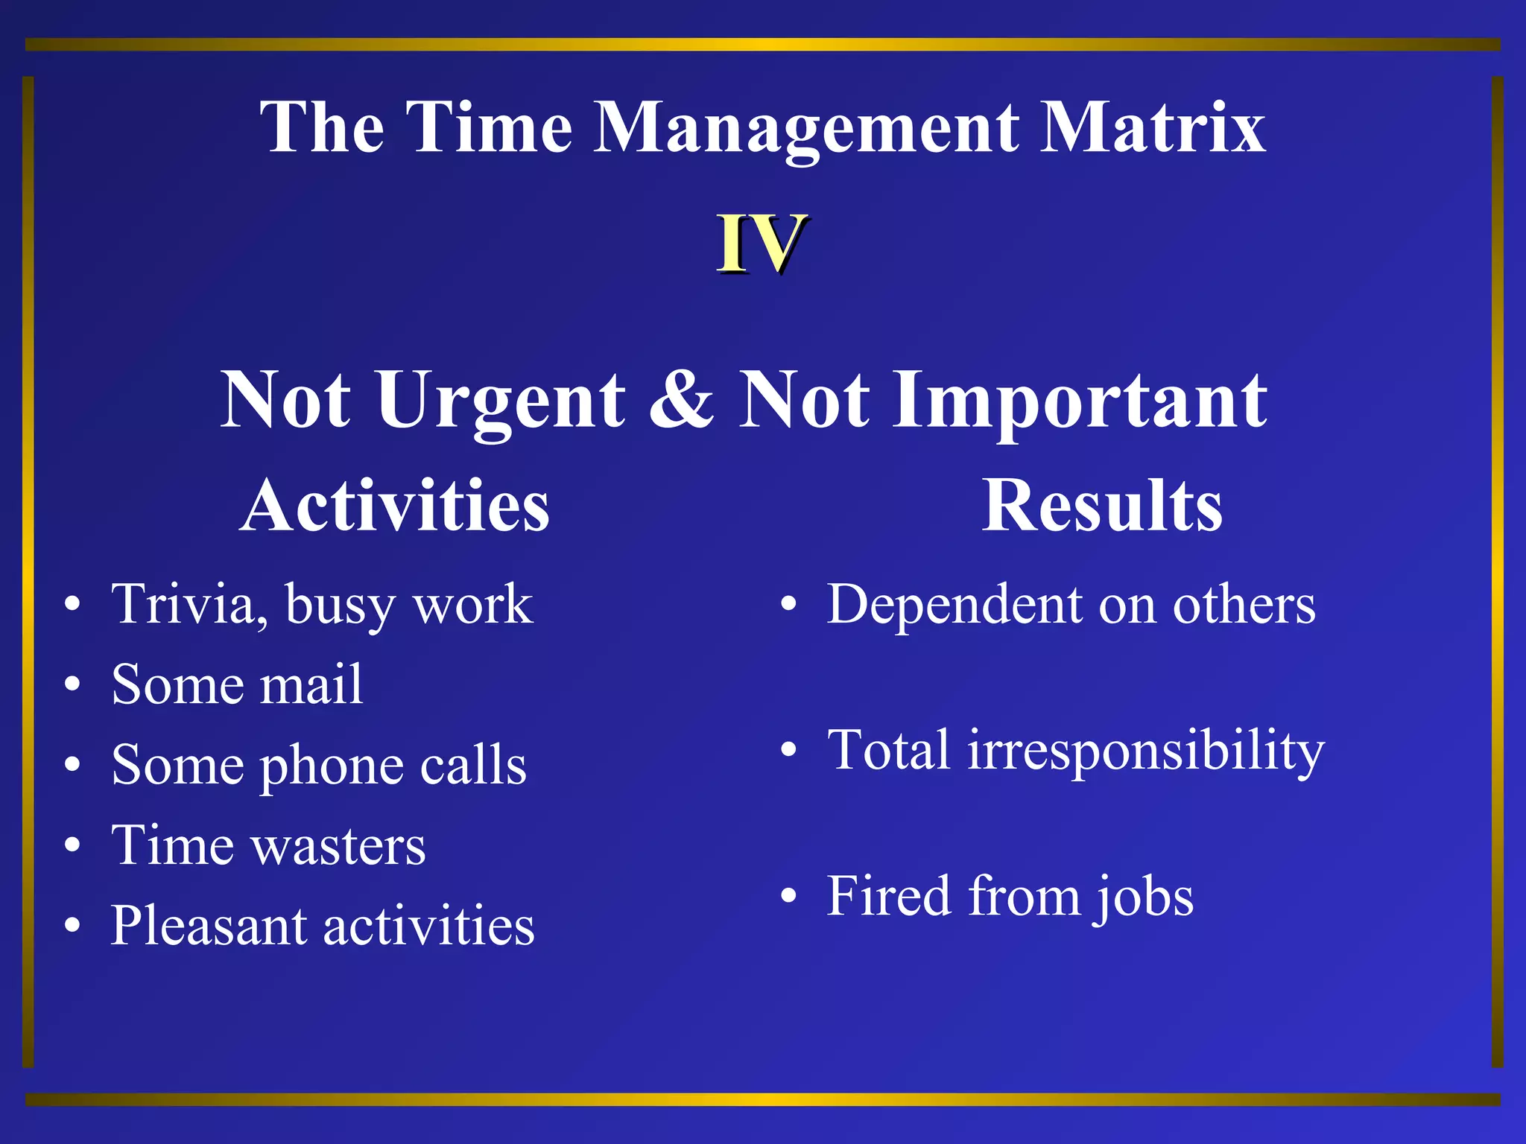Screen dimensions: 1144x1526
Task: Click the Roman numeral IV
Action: pos(761,244)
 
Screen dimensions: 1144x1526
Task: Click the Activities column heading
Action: pos(395,506)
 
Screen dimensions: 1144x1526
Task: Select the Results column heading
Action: pos(1101,506)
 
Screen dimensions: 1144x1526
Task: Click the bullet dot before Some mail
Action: pos(72,684)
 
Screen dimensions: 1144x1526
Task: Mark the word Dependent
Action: pos(954,604)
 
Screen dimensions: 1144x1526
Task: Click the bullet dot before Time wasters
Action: pos(72,845)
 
